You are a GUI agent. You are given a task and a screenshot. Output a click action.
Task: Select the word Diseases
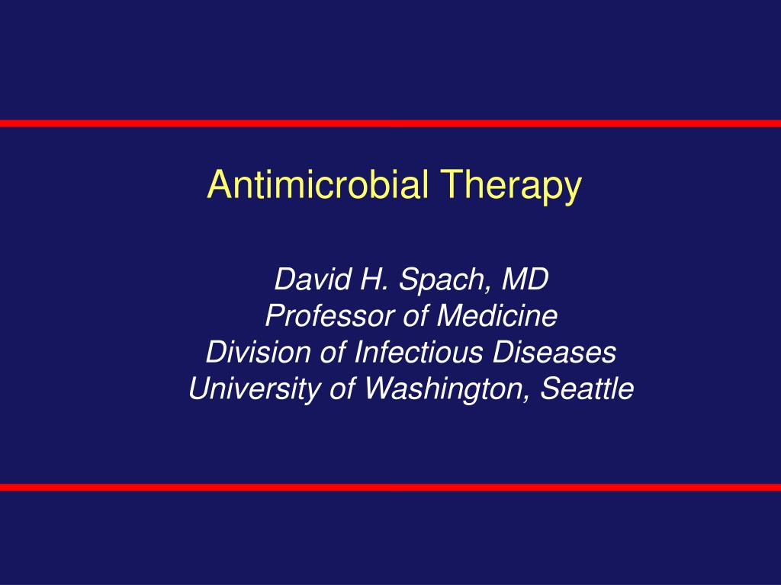561,352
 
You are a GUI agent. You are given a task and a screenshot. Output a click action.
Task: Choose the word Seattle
587,388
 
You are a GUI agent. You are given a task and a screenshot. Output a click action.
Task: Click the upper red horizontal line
390,123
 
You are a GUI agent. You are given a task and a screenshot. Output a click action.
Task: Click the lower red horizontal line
390,487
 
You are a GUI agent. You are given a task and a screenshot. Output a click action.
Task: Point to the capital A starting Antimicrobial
219,185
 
